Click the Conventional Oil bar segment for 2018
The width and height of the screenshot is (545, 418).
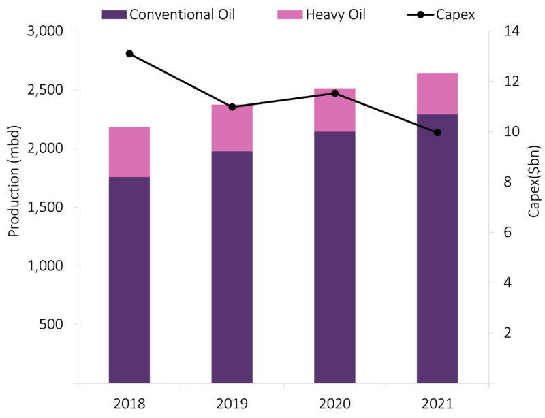129,279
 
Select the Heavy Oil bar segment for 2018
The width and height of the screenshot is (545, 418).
129,151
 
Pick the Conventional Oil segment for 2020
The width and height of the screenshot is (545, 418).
334,257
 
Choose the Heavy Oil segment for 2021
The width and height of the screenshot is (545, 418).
437,93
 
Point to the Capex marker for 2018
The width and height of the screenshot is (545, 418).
129,54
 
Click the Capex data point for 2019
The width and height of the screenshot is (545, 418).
232,107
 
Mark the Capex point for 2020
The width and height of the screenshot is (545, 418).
334,93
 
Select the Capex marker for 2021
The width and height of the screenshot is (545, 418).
437,133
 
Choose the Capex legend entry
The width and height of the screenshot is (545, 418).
436,14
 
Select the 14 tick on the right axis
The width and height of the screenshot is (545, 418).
510,31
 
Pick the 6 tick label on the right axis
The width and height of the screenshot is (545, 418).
507,232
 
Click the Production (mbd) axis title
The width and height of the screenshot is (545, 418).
14,181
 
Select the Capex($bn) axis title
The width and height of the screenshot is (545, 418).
535,181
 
